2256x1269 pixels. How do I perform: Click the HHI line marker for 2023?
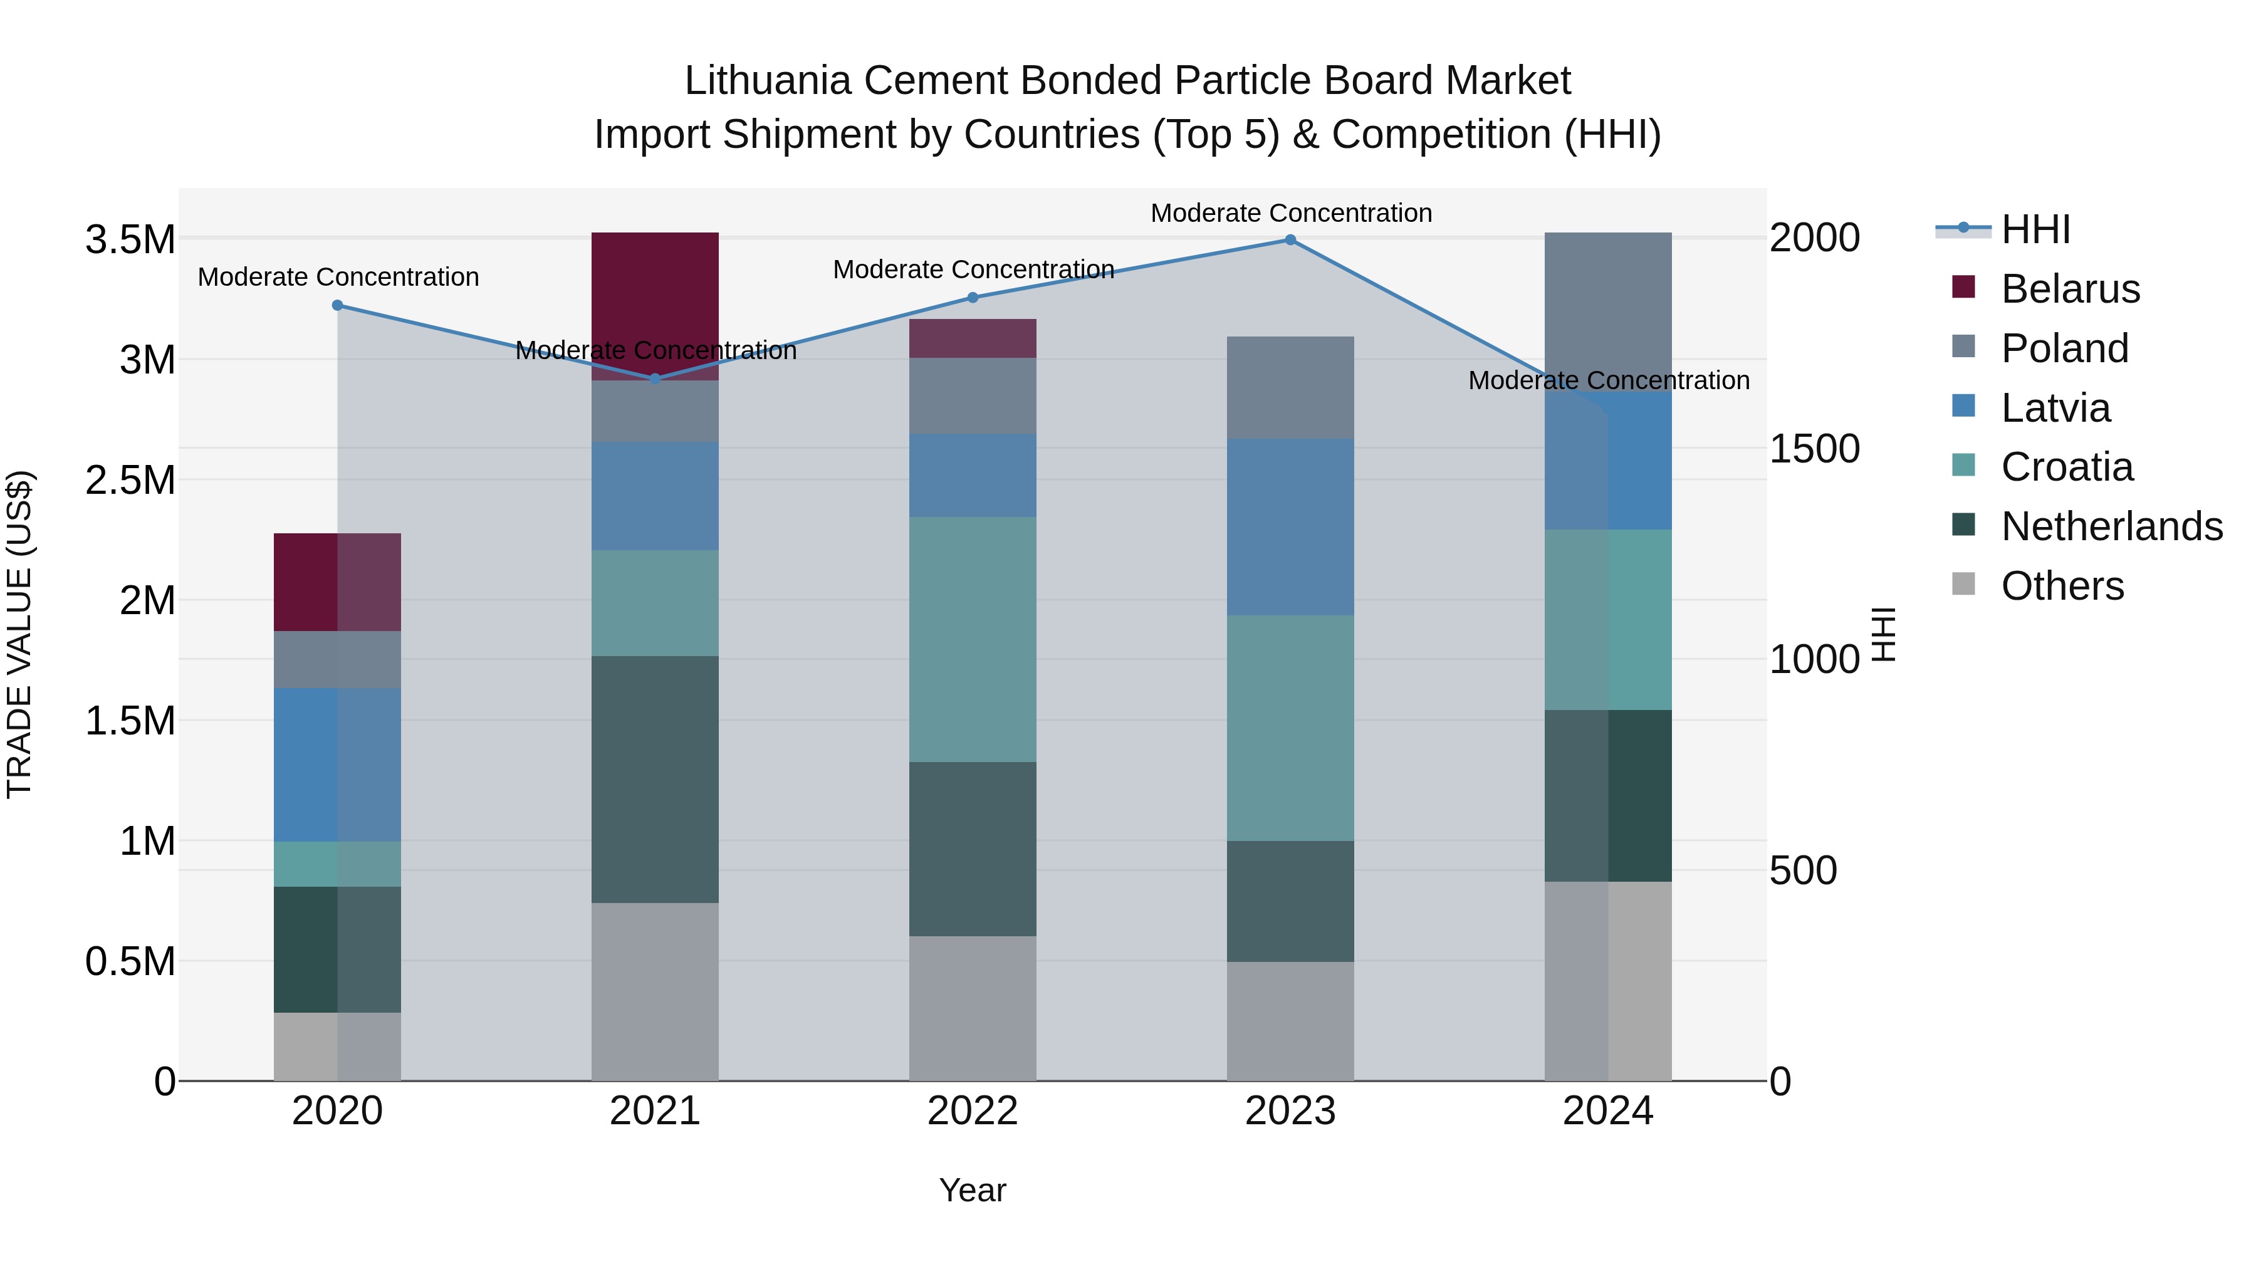click(1290, 240)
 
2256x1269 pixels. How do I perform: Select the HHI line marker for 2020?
click(337, 306)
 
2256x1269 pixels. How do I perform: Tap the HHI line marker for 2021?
click(655, 379)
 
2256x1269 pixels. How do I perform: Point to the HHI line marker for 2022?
click(972, 298)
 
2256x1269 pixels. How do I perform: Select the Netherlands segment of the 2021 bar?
click(655, 780)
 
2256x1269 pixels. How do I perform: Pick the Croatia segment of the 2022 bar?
click(972, 639)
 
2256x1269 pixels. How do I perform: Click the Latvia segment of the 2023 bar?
click(1290, 527)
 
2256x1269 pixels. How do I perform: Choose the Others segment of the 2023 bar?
click(1290, 1021)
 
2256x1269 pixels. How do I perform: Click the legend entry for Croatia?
click(2067, 467)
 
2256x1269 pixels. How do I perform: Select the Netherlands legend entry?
click(2111, 527)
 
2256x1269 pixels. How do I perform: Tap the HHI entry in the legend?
click(2035, 229)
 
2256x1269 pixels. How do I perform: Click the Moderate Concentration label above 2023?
click(1291, 213)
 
